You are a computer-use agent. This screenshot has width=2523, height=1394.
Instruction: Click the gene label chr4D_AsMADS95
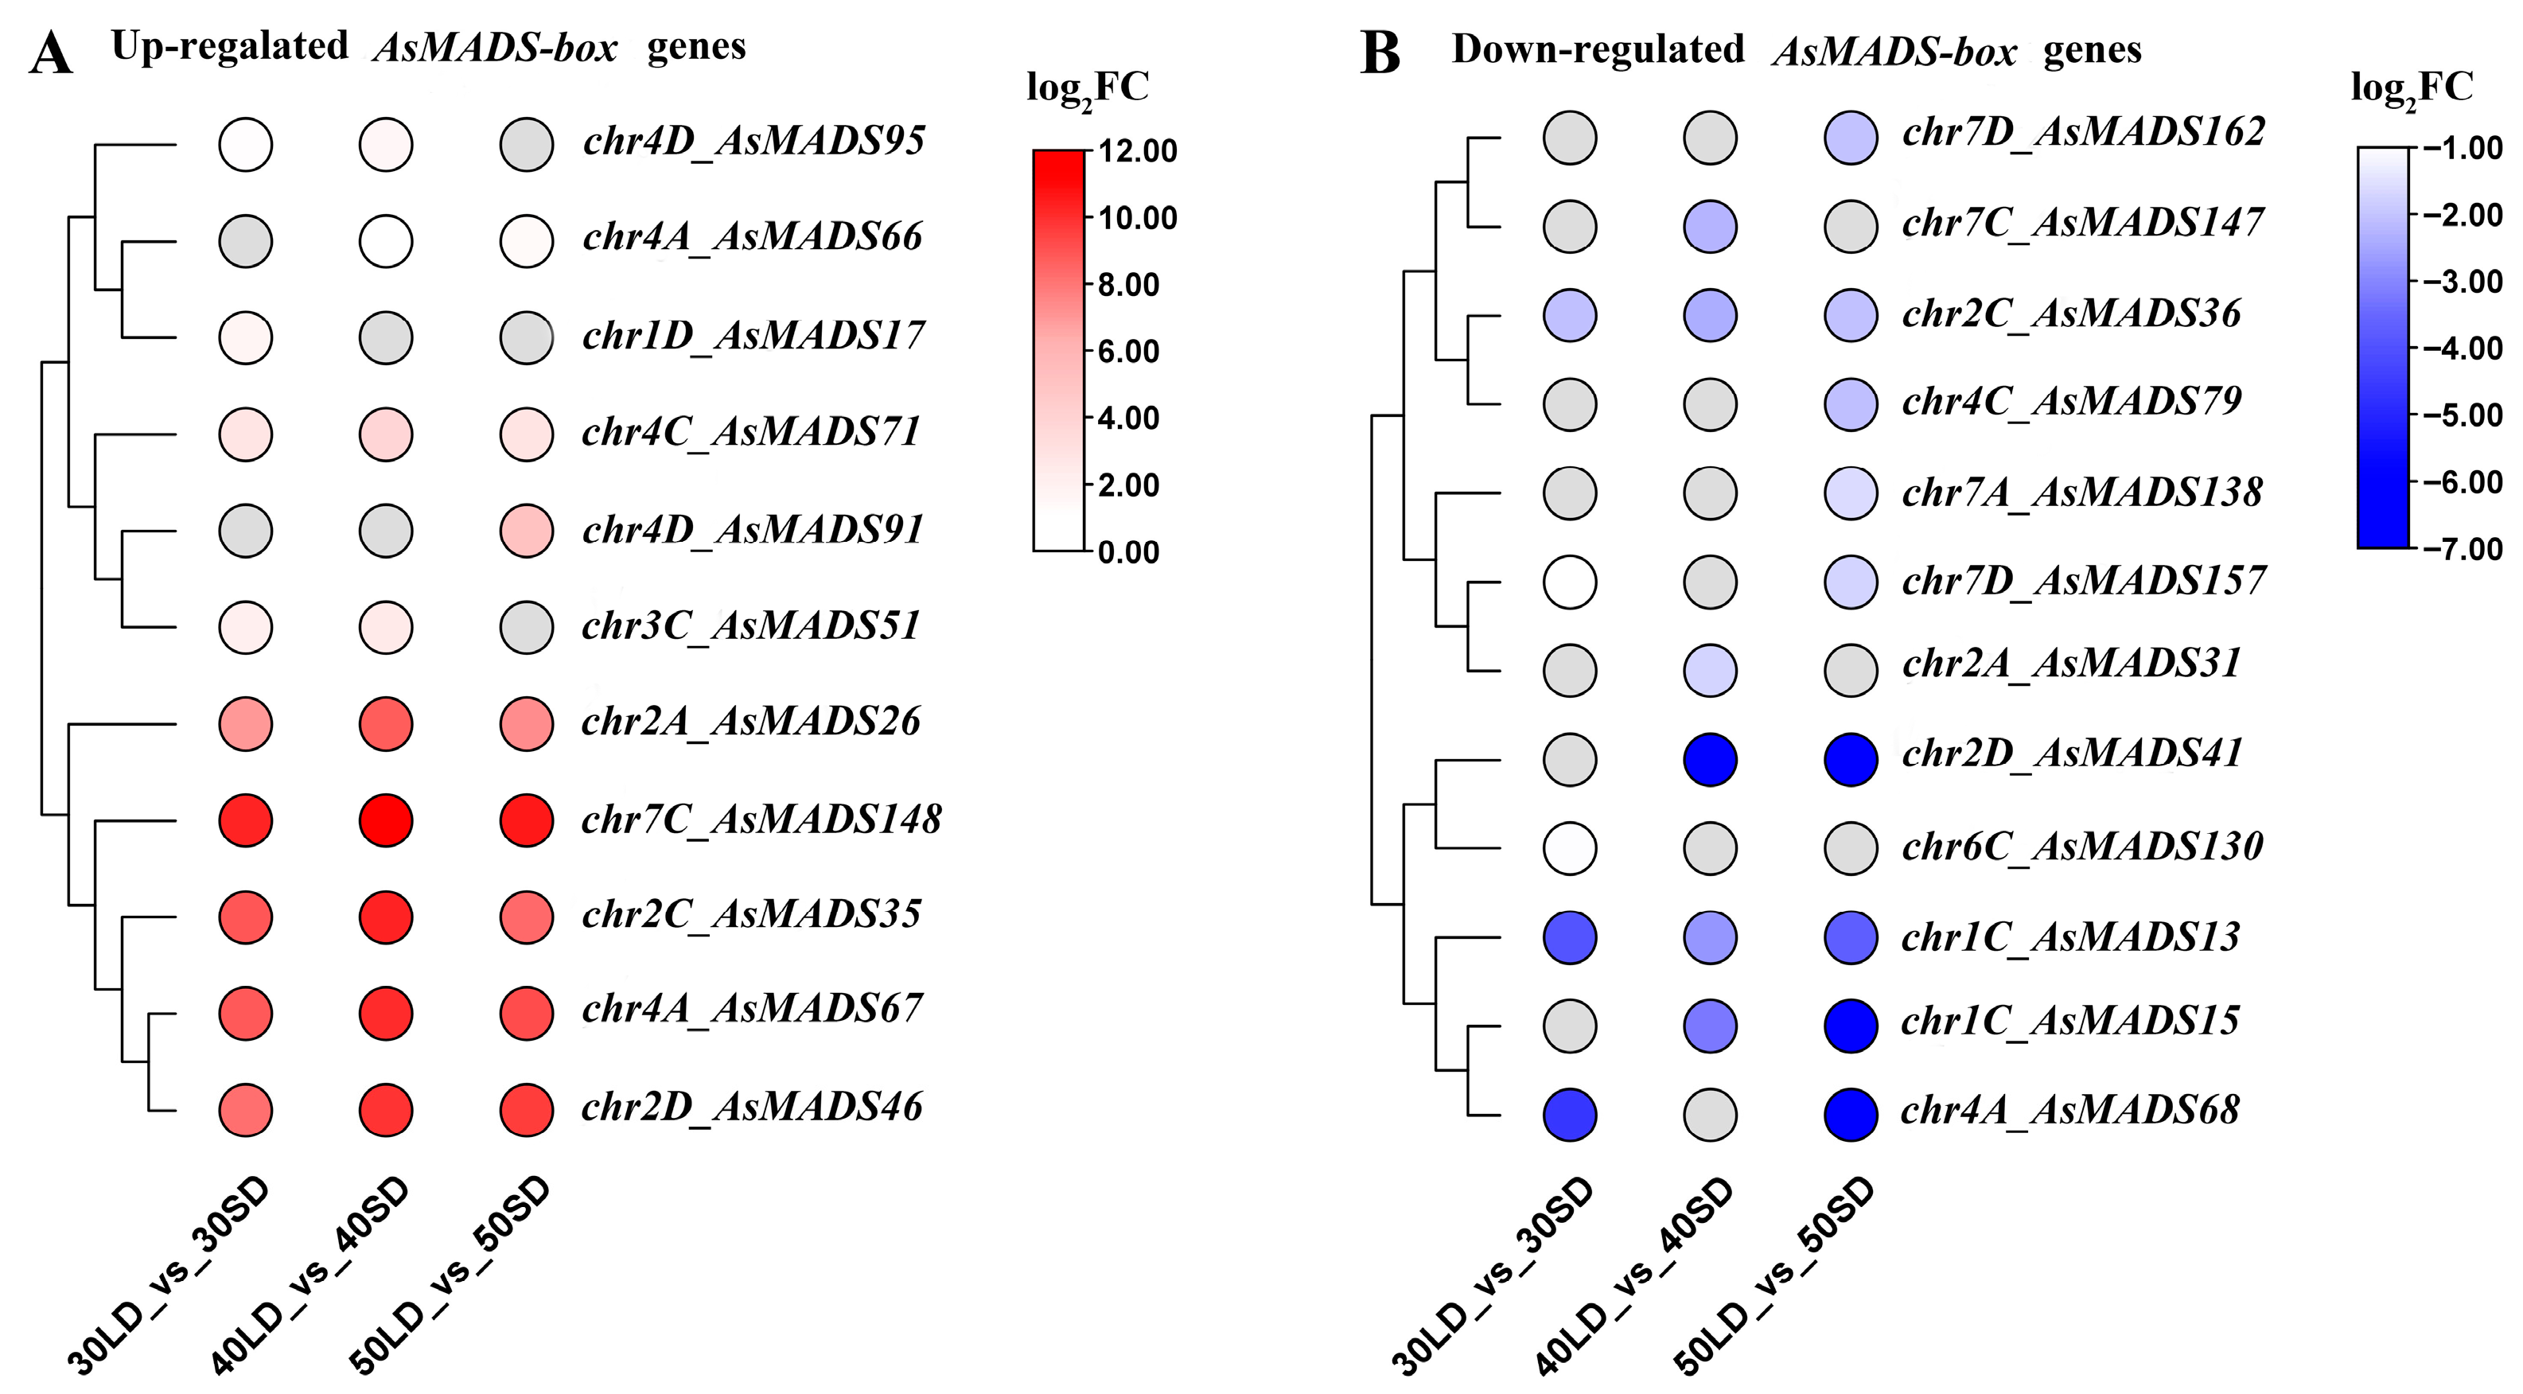click(x=753, y=141)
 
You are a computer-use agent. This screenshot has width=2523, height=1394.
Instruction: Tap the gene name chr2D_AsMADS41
click(x=2072, y=753)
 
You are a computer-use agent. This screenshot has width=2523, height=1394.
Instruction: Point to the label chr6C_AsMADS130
click(x=2082, y=847)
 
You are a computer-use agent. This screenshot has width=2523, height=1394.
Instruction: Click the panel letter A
click(x=51, y=53)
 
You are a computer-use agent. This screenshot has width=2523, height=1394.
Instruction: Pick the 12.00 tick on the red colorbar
click(x=1136, y=151)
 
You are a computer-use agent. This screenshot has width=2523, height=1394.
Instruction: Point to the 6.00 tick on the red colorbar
click(x=1128, y=351)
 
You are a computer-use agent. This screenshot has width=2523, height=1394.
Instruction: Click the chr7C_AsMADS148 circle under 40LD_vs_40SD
click(x=386, y=821)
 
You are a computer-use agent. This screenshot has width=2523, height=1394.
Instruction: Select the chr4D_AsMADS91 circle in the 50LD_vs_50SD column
click(x=527, y=531)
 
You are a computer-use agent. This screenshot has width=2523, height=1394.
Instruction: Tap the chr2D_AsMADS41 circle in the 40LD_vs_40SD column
click(x=1710, y=759)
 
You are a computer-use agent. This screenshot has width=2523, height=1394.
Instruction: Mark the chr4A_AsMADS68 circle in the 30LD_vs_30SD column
click(x=1570, y=1115)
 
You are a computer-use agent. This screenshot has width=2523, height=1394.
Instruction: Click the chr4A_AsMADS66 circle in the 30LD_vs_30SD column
click(x=246, y=241)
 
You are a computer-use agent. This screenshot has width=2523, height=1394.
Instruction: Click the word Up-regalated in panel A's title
click(x=229, y=46)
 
